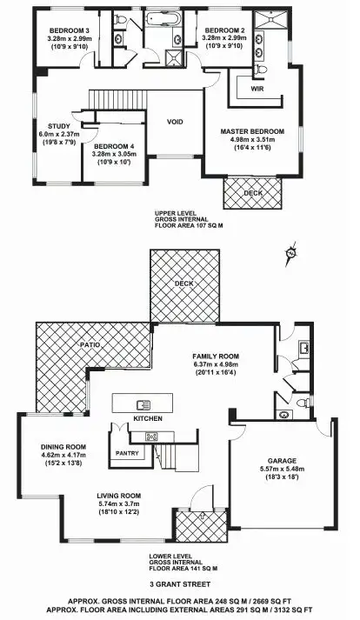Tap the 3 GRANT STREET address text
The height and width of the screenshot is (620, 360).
[179, 583]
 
